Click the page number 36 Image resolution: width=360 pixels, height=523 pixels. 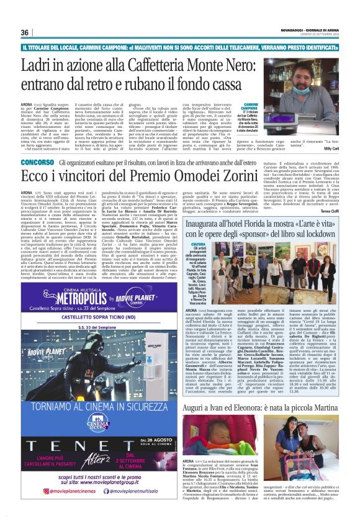tap(25, 32)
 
